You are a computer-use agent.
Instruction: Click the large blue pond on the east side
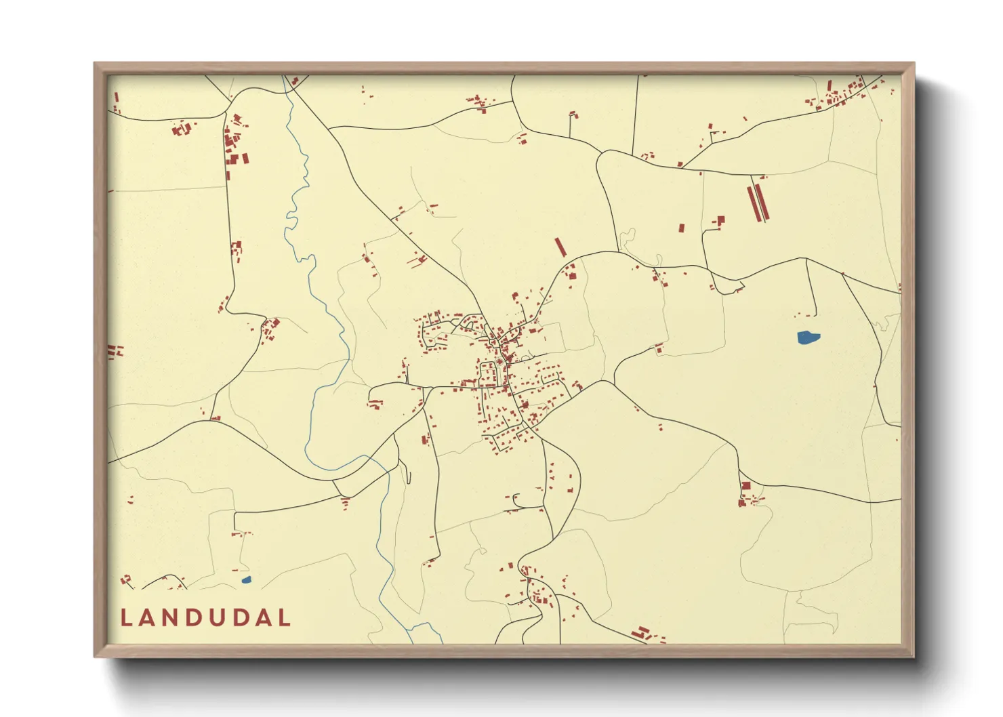pyautogui.click(x=808, y=337)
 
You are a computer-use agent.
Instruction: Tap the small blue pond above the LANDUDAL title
pyautogui.click(x=246, y=579)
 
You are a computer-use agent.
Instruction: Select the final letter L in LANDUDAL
pyautogui.click(x=285, y=617)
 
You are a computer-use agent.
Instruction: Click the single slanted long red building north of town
pyautogui.click(x=560, y=247)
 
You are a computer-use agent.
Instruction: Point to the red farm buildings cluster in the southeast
pyautogui.click(x=748, y=495)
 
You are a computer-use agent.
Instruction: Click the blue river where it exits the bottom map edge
pyautogui.click(x=412, y=640)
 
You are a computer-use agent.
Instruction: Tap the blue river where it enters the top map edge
pyautogui.click(x=285, y=78)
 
